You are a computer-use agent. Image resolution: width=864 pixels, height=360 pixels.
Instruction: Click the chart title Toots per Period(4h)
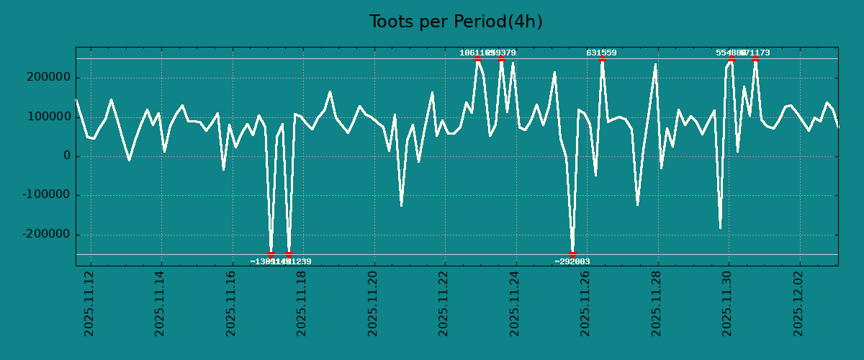pos(456,22)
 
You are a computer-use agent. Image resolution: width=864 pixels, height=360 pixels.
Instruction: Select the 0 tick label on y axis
pos(67,156)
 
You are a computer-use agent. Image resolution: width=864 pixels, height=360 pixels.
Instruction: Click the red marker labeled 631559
pos(602,58)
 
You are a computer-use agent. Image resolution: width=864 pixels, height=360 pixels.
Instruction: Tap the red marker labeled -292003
pos(572,254)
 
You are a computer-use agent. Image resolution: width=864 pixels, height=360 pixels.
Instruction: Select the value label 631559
pos(601,53)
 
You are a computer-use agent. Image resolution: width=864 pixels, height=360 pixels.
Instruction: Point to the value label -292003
pos(572,261)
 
